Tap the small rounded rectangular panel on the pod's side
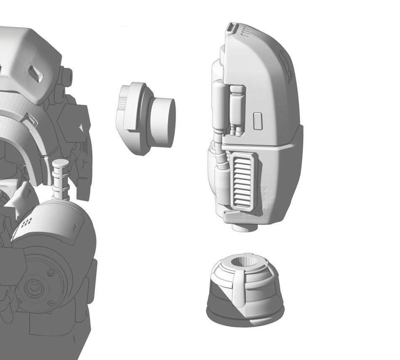tap(258, 121)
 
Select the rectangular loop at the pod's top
tap(230, 29)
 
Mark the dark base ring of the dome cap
tap(245, 313)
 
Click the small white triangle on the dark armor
tap(81, 126)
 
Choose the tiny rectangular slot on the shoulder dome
tap(75, 228)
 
